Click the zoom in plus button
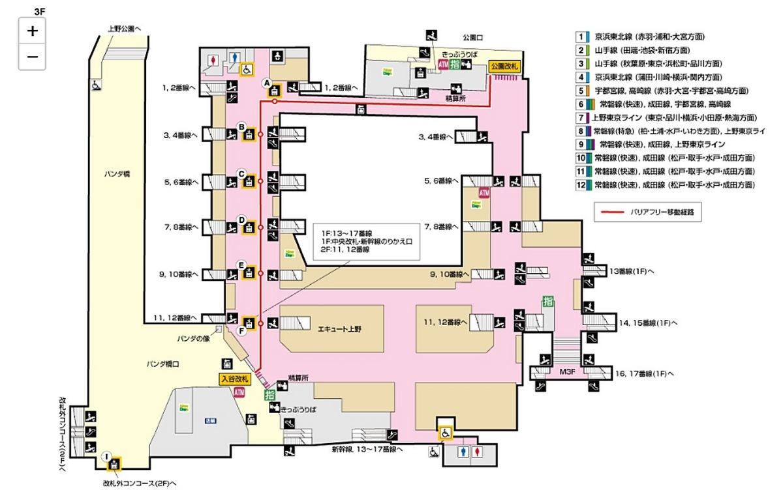point(33,30)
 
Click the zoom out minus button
point(33,57)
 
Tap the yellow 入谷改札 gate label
point(234,379)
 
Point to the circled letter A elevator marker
point(266,83)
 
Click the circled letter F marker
point(242,331)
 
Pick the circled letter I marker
point(106,456)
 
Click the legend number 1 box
point(579,37)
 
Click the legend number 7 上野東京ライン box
point(579,118)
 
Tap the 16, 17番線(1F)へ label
point(644,374)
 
